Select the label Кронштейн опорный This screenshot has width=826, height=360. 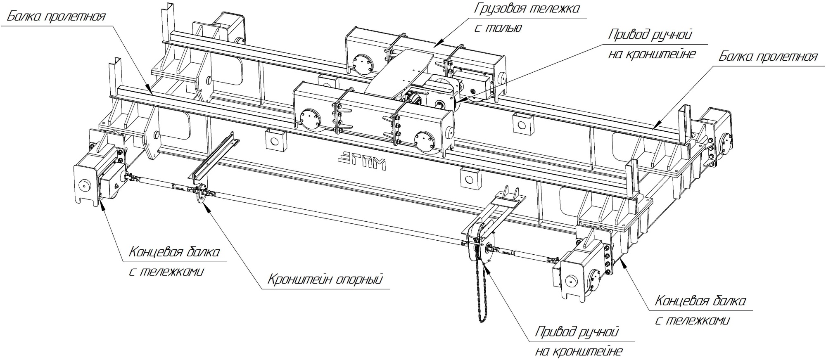point(325,279)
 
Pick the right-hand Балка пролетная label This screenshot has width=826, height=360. point(768,56)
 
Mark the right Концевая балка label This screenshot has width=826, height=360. point(700,301)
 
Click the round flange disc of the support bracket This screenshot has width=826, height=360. point(201,194)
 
